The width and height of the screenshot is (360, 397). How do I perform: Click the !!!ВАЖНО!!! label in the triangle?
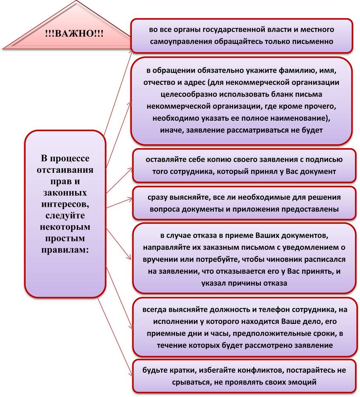(x=74, y=33)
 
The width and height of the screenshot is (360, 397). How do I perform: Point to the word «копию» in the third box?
(x=239, y=160)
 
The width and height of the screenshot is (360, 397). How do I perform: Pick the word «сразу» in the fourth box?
(x=158, y=197)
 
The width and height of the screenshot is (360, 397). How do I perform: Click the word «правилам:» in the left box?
(x=65, y=250)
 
